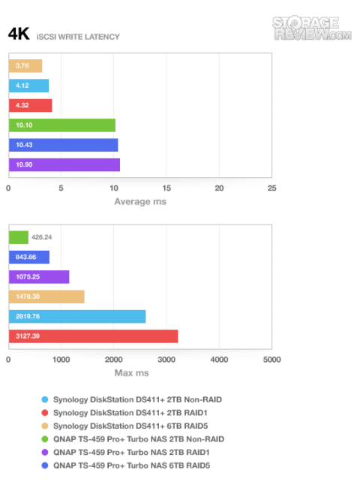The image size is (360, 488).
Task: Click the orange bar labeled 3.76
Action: (25, 66)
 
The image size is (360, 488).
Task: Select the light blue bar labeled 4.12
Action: (29, 86)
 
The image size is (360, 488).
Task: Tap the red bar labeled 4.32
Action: (31, 106)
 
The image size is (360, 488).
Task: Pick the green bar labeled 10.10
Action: (62, 125)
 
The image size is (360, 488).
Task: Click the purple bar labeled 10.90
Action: (64, 164)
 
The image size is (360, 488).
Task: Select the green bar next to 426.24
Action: (19, 237)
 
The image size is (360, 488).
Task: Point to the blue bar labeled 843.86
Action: (29, 257)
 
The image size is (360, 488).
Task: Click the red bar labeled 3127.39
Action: (94, 336)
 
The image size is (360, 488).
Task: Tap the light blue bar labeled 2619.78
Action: (77, 317)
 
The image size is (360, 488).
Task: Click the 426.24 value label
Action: (42, 237)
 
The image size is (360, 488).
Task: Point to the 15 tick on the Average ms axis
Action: (166, 188)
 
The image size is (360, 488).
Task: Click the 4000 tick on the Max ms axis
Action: (219, 360)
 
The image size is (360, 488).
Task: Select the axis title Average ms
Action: (140, 202)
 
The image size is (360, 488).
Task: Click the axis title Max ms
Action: (131, 373)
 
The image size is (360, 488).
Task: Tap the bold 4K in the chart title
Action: (19, 34)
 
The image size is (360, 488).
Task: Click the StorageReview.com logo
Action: (312, 28)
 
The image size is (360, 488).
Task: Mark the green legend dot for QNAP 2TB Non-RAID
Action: (45, 439)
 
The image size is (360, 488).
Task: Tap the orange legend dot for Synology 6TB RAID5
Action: (45, 426)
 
